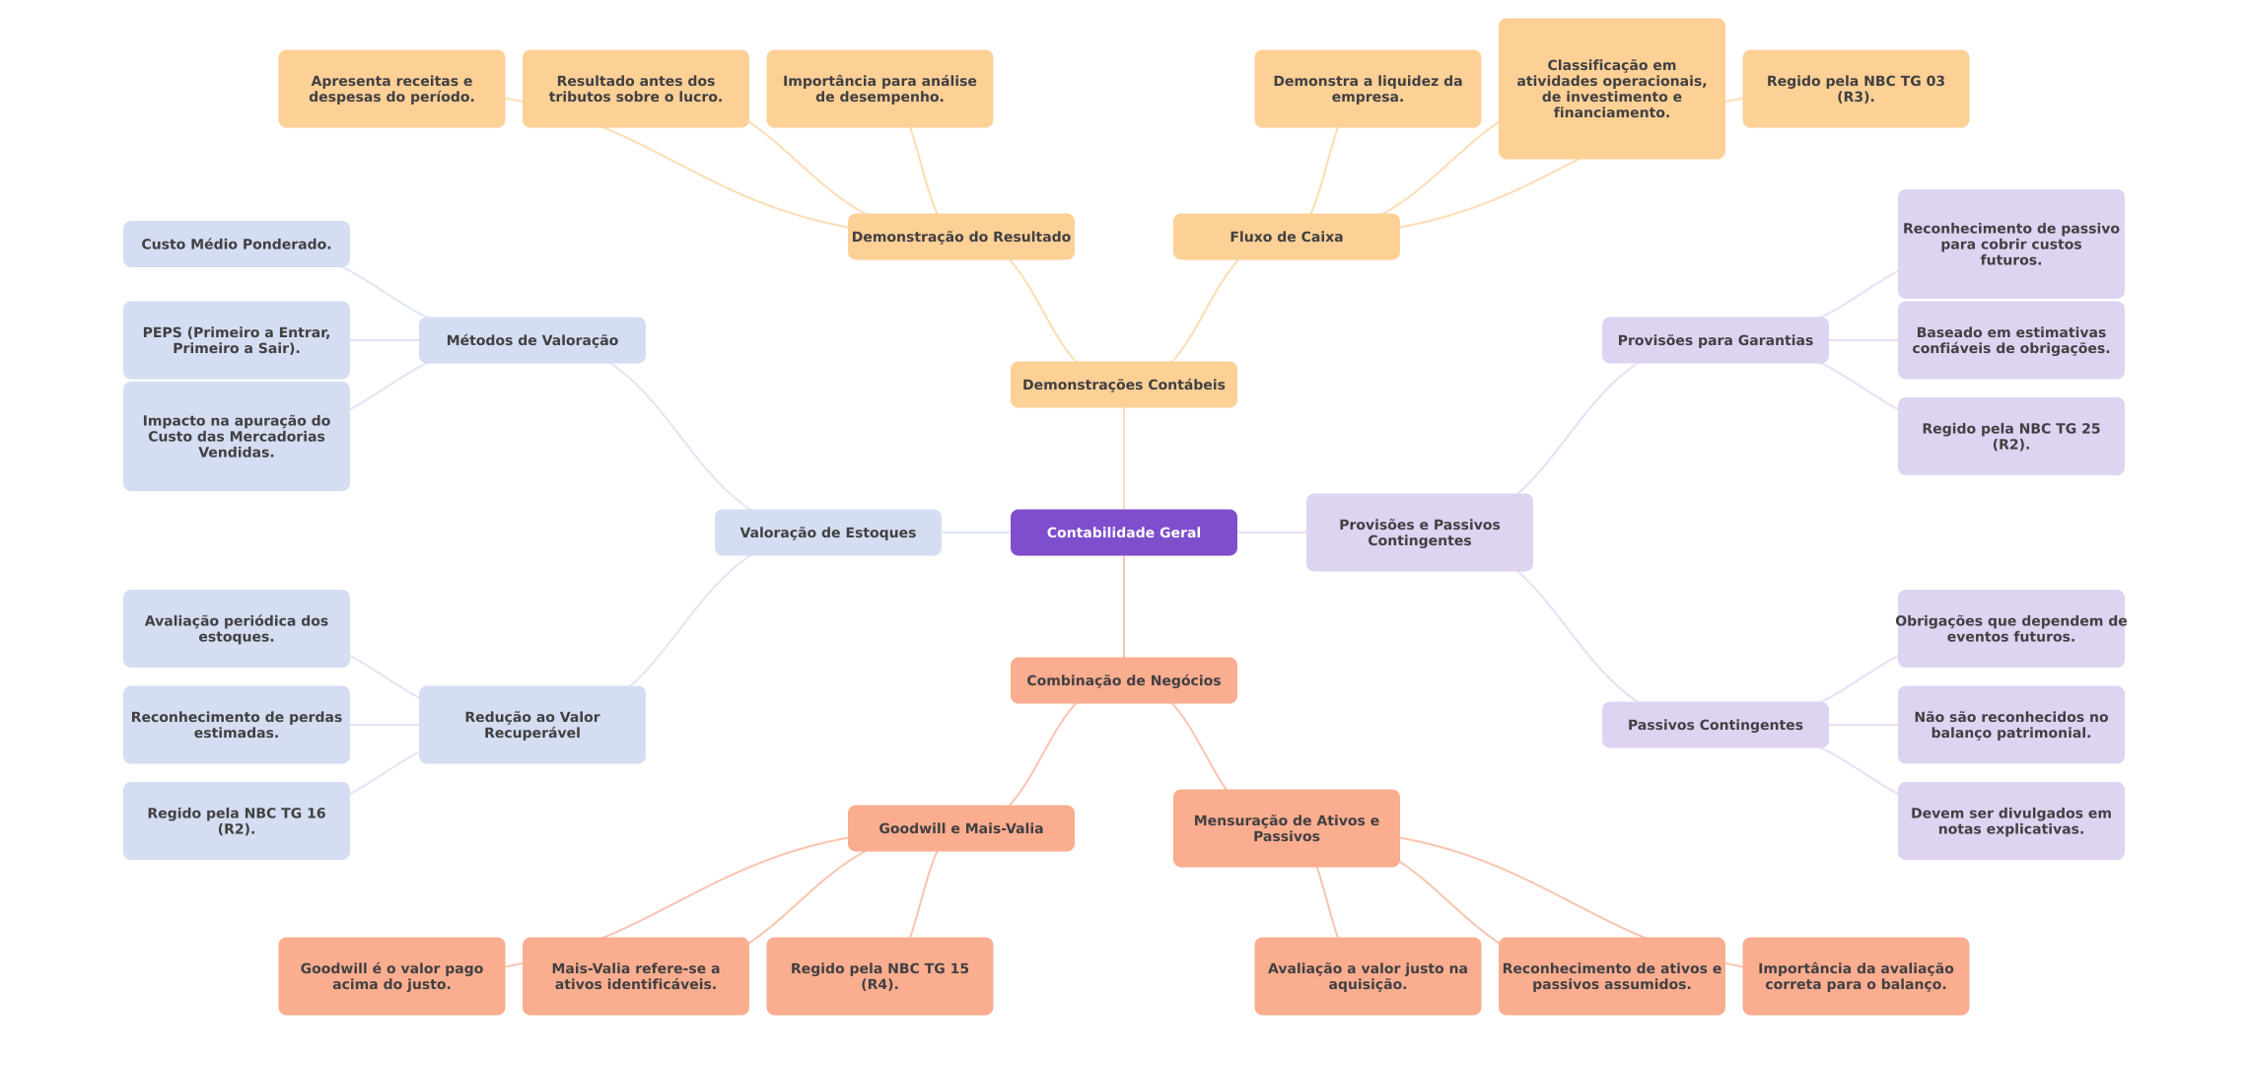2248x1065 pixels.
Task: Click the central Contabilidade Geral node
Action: click(1123, 532)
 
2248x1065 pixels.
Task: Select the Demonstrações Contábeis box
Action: click(1123, 385)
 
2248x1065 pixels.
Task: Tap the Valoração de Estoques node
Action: click(827, 532)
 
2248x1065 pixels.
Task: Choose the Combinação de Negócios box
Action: click(1123, 680)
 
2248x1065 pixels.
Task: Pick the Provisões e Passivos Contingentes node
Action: click(1419, 532)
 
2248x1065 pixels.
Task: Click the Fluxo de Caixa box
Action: click(1286, 237)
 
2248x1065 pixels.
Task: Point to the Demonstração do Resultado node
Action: click(960, 237)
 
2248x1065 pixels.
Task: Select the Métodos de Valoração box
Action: click(531, 340)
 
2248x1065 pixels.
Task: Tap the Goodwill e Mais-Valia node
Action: click(960, 828)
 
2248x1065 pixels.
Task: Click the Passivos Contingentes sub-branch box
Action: click(1715, 725)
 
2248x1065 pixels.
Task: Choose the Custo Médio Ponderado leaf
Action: click(236, 244)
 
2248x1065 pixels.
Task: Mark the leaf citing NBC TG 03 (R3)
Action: click(1855, 89)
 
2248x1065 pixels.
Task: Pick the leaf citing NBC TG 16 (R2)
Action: click(236, 820)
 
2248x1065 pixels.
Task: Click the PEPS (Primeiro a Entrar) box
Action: click(236, 340)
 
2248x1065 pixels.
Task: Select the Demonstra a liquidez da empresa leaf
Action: click(1367, 89)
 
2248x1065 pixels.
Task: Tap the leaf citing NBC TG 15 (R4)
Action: click(878, 976)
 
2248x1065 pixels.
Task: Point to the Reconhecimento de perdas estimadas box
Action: click(236, 725)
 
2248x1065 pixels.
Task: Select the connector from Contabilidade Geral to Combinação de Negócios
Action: click(1124, 606)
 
